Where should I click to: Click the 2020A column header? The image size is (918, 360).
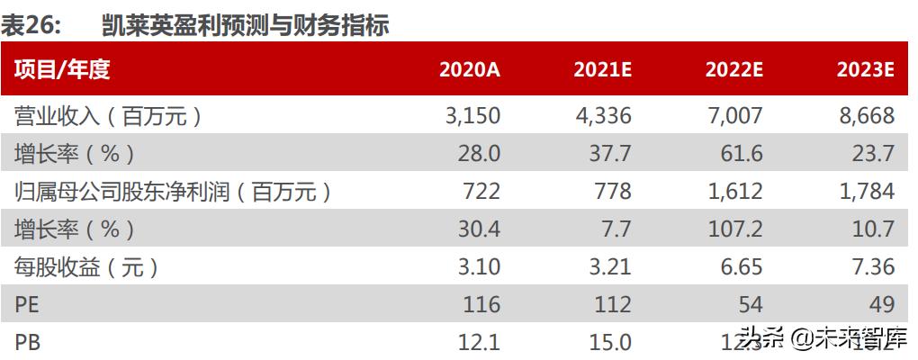[469, 71]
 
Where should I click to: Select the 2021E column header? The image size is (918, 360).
[602, 71]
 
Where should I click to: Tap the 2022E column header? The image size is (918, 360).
[733, 71]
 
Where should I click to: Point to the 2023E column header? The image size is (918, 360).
[864, 71]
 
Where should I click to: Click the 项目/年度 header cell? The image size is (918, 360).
[62, 70]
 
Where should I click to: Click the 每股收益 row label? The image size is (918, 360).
[86, 267]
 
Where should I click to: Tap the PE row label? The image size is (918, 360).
[28, 305]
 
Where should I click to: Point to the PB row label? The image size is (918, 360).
[28, 343]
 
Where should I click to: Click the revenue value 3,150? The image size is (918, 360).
[472, 115]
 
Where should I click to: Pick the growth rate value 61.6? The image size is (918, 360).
[742, 153]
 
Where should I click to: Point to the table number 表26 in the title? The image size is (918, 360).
[31, 26]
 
